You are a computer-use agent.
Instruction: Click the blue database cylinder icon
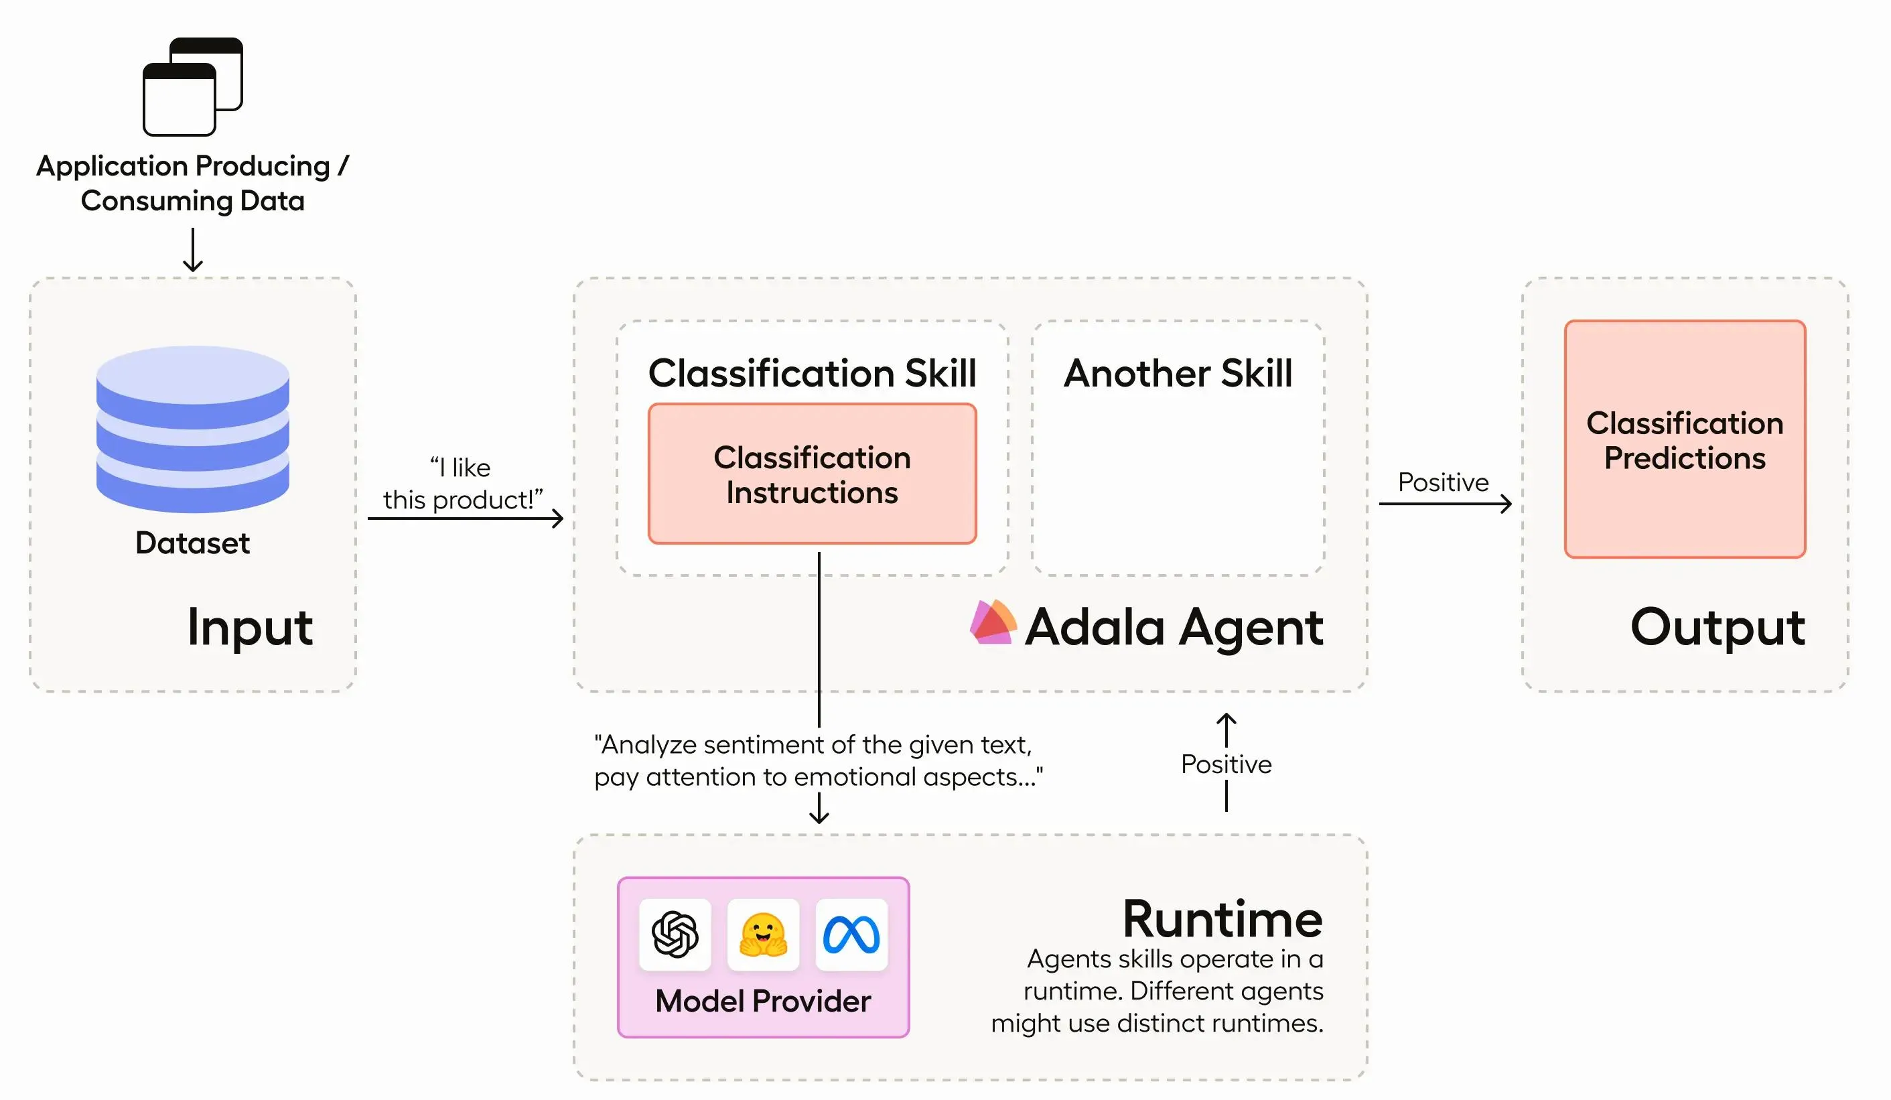point(193,429)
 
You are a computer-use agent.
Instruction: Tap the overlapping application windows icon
point(193,86)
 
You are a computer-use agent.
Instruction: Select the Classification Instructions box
point(812,474)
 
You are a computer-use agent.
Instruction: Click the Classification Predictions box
point(1685,439)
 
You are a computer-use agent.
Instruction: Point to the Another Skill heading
point(1178,373)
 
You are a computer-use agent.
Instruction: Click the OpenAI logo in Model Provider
point(675,934)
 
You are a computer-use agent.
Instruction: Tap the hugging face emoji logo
point(763,934)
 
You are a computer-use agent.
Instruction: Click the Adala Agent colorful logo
point(993,622)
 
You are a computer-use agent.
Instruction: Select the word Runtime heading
point(1222,919)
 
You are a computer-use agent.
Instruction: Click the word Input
point(250,626)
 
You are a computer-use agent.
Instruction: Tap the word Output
point(1718,626)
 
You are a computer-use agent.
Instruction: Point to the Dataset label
point(193,543)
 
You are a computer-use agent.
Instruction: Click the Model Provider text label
point(763,1001)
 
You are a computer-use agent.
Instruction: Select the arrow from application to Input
point(193,250)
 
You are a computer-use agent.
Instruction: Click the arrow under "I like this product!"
point(466,518)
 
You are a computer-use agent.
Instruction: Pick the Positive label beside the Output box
point(1443,482)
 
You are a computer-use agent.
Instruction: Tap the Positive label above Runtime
point(1226,764)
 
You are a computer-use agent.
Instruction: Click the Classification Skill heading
point(812,373)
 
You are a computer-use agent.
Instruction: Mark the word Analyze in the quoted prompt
point(649,745)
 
